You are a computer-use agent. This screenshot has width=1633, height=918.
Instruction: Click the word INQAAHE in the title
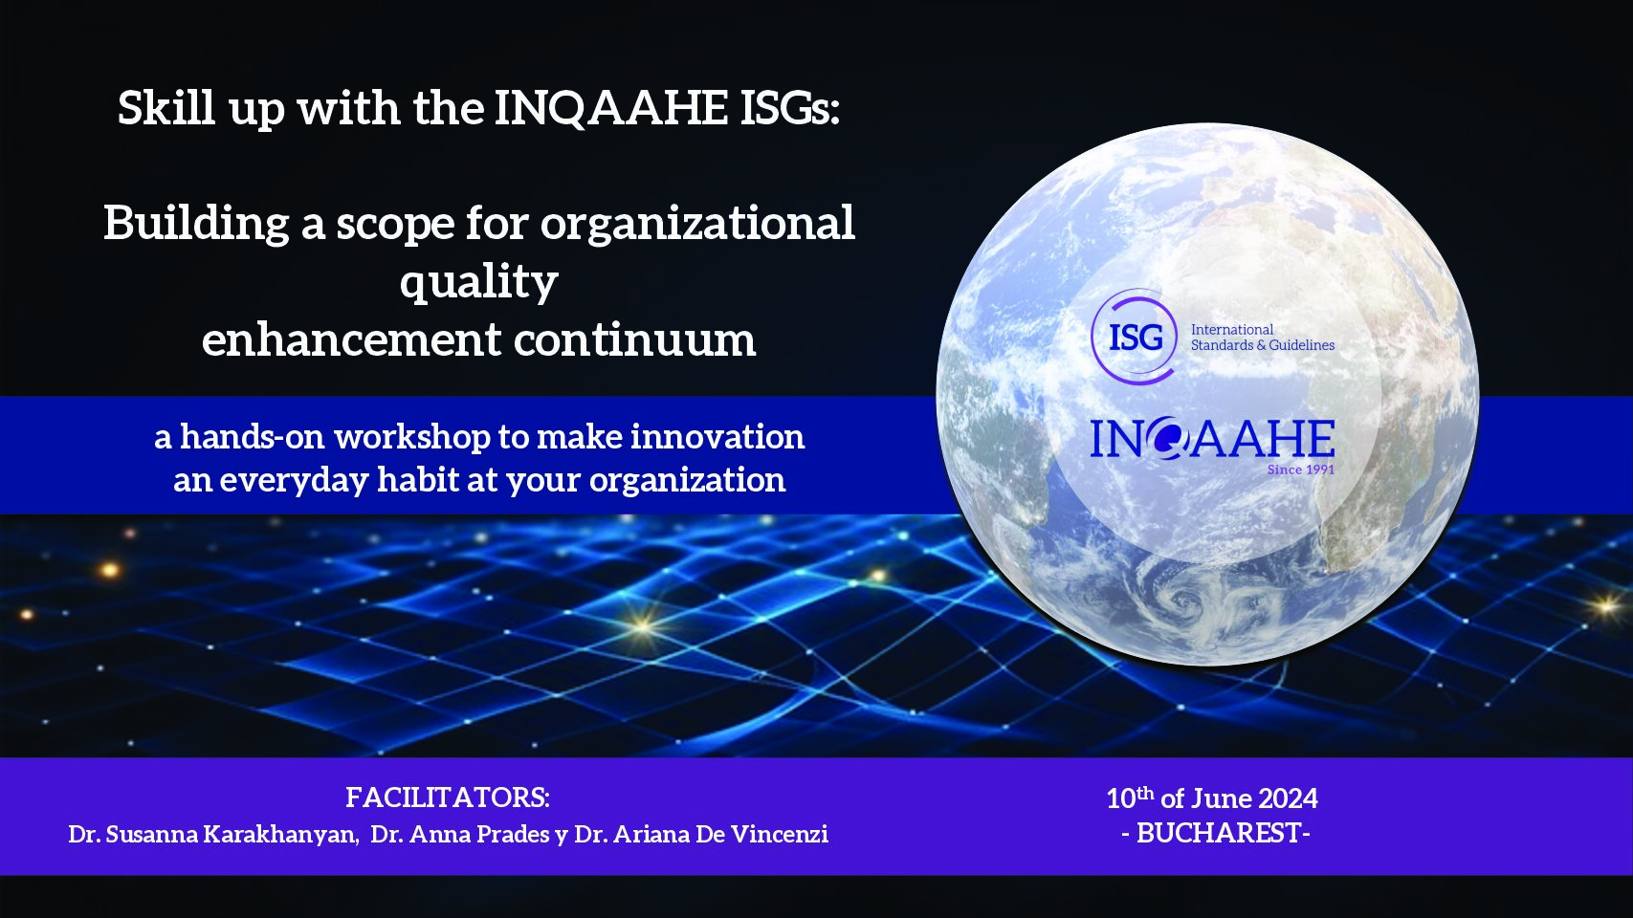click(611, 109)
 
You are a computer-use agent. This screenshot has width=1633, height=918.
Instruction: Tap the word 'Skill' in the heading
click(166, 108)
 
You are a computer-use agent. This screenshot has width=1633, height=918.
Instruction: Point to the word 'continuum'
click(635, 340)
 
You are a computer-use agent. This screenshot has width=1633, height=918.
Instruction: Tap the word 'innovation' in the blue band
click(717, 437)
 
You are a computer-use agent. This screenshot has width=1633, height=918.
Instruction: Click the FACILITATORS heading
click(448, 798)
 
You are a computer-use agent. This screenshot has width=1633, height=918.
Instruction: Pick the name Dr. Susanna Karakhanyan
click(213, 834)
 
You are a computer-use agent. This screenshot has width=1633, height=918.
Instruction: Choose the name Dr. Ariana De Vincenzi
click(701, 834)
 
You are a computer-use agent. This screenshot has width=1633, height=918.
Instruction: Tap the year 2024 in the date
click(1289, 799)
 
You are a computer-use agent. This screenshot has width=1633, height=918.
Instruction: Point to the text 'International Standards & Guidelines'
click(1263, 338)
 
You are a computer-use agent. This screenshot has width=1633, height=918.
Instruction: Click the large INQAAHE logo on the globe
click(1212, 439)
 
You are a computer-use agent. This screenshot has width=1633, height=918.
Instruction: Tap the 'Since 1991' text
click(1301, 470)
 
